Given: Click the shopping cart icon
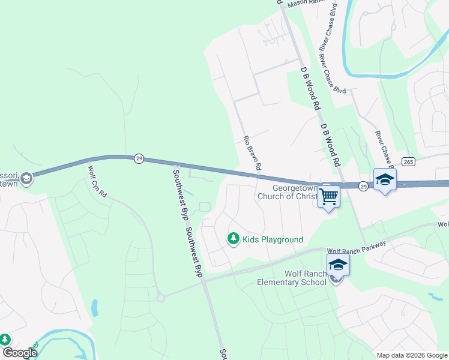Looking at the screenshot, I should pos(328,196).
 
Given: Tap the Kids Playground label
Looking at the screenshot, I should pos(273,239).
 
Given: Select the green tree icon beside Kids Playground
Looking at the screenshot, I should pos(233,239).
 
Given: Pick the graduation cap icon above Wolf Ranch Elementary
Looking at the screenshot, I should pos(338,265).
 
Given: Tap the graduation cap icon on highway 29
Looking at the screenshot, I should pos(385,179).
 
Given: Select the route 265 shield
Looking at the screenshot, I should pos(408,161).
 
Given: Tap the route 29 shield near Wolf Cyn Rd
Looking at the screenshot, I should pos(139,158).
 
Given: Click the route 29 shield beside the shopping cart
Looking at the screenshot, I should pos(363,187).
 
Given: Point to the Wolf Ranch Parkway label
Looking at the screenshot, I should pos(357,247).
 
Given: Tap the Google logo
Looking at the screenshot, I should pos(19,353).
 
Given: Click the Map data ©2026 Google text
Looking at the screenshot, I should pos(412,355).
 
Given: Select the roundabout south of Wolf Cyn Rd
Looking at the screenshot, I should pos(160,297).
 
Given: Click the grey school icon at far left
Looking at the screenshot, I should pos(25,178).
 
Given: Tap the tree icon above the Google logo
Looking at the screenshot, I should pos(5,340).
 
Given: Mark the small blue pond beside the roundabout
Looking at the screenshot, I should pos(94,308).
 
